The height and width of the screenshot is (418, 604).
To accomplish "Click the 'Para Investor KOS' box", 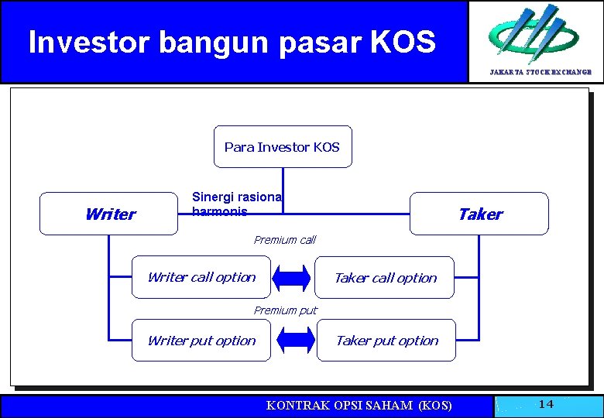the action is (x=283, y=146).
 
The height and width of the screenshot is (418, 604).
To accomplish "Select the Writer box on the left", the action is (x=109, y=214).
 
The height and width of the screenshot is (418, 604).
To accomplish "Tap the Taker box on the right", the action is (x=479, y=214).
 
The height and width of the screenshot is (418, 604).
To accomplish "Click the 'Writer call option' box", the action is (x=201, y=277).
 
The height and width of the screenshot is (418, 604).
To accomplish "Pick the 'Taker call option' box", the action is (x=385, y=277).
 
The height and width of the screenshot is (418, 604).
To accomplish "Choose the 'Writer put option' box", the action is (x=201, y=341).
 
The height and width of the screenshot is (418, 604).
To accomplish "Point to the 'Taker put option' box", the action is (x=386, y=341).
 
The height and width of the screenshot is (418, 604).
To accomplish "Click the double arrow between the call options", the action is (x=293, y=278).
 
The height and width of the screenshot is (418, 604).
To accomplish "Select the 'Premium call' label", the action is (x=285, y=240).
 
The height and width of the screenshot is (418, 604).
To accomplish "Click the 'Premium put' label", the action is (x=286, y=310).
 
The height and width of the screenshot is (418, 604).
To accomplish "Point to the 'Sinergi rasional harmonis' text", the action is (x=237, y=204).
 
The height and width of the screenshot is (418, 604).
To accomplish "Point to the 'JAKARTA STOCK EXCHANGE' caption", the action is (x=541, y=72).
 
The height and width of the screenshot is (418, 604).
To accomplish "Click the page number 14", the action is (x=546, y=404).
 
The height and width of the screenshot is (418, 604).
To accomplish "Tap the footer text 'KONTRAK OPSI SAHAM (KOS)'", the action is (x=359, y=405).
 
